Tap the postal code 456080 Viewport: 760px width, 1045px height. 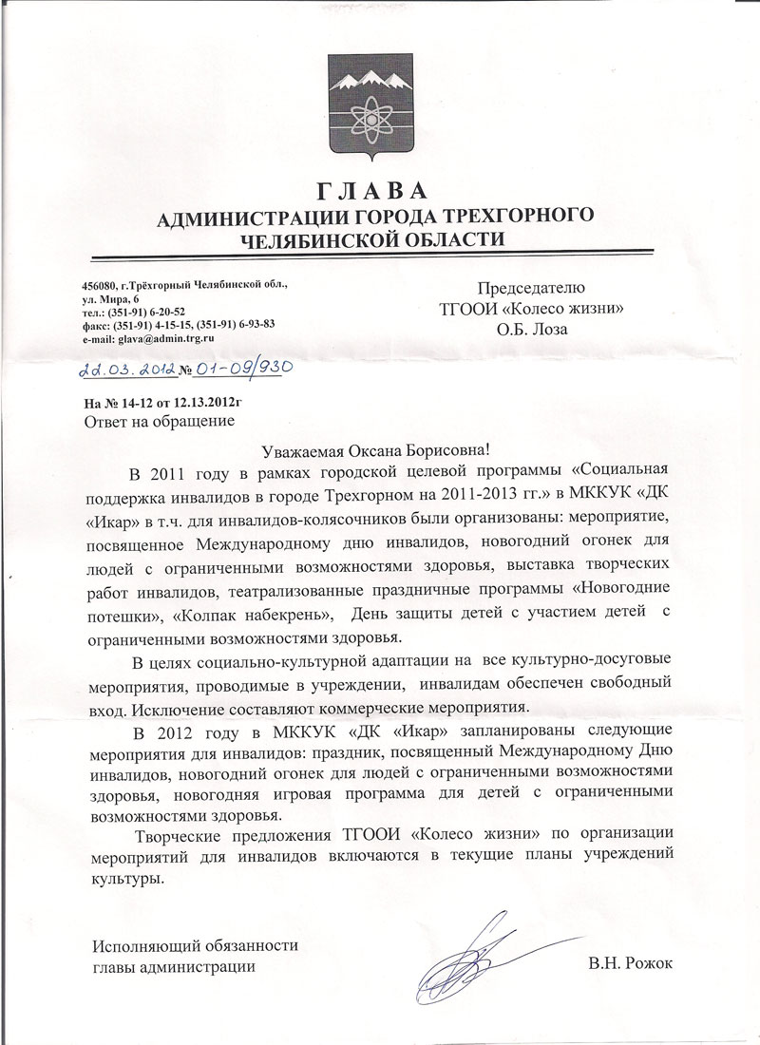point(101,285)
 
